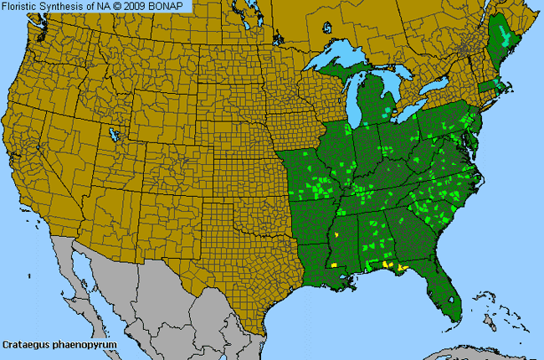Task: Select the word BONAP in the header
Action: [171, 6]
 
